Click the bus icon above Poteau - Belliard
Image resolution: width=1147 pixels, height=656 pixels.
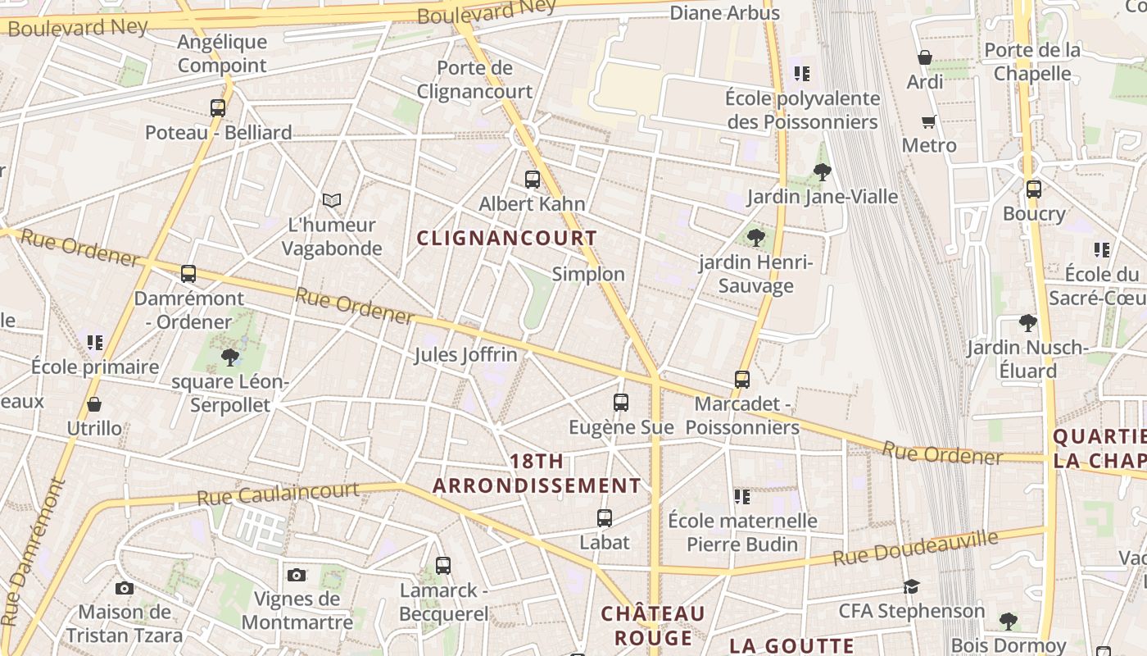(x=218, y=107)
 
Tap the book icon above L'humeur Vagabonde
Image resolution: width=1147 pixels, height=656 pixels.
(x=331, y=200)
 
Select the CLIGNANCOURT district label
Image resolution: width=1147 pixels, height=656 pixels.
(x=507, y=238)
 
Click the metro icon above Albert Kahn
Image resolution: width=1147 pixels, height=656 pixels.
(x=533, y=179)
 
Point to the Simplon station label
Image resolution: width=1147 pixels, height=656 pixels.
(x=588, y=274)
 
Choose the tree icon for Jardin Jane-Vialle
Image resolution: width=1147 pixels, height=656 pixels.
(x=823, y=172)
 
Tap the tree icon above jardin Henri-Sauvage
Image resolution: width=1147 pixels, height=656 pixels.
(x=756, y=238)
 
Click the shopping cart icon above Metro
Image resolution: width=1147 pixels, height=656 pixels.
(x=928, y=122)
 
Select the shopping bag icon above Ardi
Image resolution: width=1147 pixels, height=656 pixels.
(x=925, y=57)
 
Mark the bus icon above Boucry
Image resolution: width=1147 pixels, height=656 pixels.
(x=1034, y=189)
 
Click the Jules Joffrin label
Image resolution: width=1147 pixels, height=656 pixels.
(x=465, y=355)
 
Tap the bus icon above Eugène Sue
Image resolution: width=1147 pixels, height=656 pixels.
(x=621, y=403)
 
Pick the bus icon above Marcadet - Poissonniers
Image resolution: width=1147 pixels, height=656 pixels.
(x=742, y=380)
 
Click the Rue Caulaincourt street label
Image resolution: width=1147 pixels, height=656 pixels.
(x=278, y=494)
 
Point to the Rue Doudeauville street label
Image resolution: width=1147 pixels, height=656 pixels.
(x=916, y=548)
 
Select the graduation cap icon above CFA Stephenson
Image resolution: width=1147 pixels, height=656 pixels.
(x=911, y=586)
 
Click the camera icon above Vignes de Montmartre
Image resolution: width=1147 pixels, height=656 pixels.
(x=297, y=575)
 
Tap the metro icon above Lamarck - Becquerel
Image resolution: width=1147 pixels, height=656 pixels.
(x=443, y=565)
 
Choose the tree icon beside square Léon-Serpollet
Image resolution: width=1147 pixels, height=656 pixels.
(x=230, y=357)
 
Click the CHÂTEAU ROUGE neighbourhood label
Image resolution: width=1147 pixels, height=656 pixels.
(x=653, y=626)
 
